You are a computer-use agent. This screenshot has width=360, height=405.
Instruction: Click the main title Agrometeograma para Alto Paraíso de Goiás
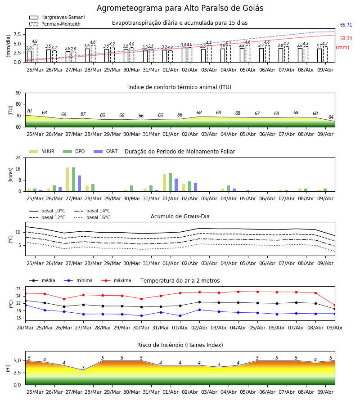click(x=180, y=8)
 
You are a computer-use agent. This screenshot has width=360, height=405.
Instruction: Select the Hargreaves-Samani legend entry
click(x=57, y=17)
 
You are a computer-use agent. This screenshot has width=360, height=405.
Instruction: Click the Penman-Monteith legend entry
click(x=55, y=24)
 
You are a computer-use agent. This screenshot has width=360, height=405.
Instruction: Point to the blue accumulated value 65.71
click(x=346, y=25)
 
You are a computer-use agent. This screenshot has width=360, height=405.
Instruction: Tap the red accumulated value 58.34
click(x=346, y=39)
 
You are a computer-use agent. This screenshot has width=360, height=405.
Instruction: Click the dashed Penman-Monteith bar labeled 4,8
click(x=35, y=53)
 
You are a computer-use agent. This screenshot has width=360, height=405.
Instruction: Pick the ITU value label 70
click(x=29, y=111)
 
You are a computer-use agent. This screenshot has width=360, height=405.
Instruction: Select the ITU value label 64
click(x=331, y=117)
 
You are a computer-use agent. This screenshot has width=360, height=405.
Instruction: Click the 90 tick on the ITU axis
click(x=18, y=93)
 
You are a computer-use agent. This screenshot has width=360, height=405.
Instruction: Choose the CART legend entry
click(x=105, y=151)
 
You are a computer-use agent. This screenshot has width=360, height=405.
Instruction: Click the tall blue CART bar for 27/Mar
click(x=80, y=184)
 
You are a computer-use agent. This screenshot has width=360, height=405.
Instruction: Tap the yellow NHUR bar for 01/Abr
click(x=165, y=183)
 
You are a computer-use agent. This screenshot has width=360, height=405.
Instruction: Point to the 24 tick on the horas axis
click(x=18, y=157)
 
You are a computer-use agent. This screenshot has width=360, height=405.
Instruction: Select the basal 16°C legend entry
click(x=92, y=217)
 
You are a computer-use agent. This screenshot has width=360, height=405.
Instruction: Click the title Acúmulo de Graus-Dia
click(x=180, y=216)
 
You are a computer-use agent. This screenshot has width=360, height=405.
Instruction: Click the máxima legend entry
click(x=116, y=280)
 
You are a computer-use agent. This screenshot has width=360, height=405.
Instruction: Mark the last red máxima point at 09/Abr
click(x=335, y=305)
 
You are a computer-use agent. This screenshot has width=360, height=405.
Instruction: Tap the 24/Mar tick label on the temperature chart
click(x=25, y=328)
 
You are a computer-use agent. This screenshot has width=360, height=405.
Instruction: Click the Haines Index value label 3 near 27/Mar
click(x=83, y=368)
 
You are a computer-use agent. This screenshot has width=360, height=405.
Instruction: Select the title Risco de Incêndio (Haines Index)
click(x=180, y=345)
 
